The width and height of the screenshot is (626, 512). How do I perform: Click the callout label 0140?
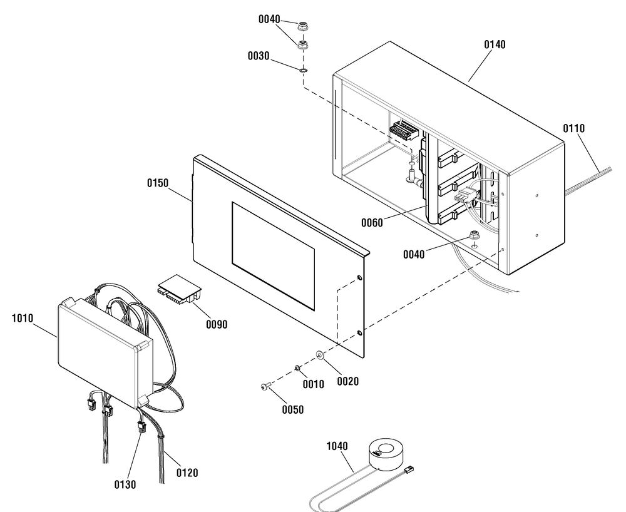tap(495, 44)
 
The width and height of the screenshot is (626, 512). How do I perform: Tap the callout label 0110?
tap(573, 128)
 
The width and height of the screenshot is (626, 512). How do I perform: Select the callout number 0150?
tap(158, 183)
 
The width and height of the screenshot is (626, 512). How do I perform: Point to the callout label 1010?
tap(23, 319)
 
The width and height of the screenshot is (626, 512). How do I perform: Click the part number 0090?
tap(217, 324)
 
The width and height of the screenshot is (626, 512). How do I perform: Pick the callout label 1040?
tap(337, 446)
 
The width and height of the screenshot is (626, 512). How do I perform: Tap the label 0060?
tap(372, 223)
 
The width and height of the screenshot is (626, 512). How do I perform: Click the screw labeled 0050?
tap(265, 386)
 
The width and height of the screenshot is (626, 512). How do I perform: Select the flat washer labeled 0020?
tap(320, 354)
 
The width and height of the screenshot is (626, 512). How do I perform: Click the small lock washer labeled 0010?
tap(297, 367)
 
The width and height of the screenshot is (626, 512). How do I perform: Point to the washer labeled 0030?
tap(303, 71)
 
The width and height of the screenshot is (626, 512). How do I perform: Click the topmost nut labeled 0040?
tap(302, 27)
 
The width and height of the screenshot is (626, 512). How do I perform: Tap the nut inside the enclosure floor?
tap(475, 235)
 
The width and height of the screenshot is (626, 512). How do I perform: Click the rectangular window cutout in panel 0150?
tap(273, 256)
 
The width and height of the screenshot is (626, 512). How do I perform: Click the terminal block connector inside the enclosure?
tap(404, 130)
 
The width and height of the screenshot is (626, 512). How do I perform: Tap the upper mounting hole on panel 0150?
tap(360, 278)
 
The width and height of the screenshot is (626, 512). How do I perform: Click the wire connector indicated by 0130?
tap(141, 427)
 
